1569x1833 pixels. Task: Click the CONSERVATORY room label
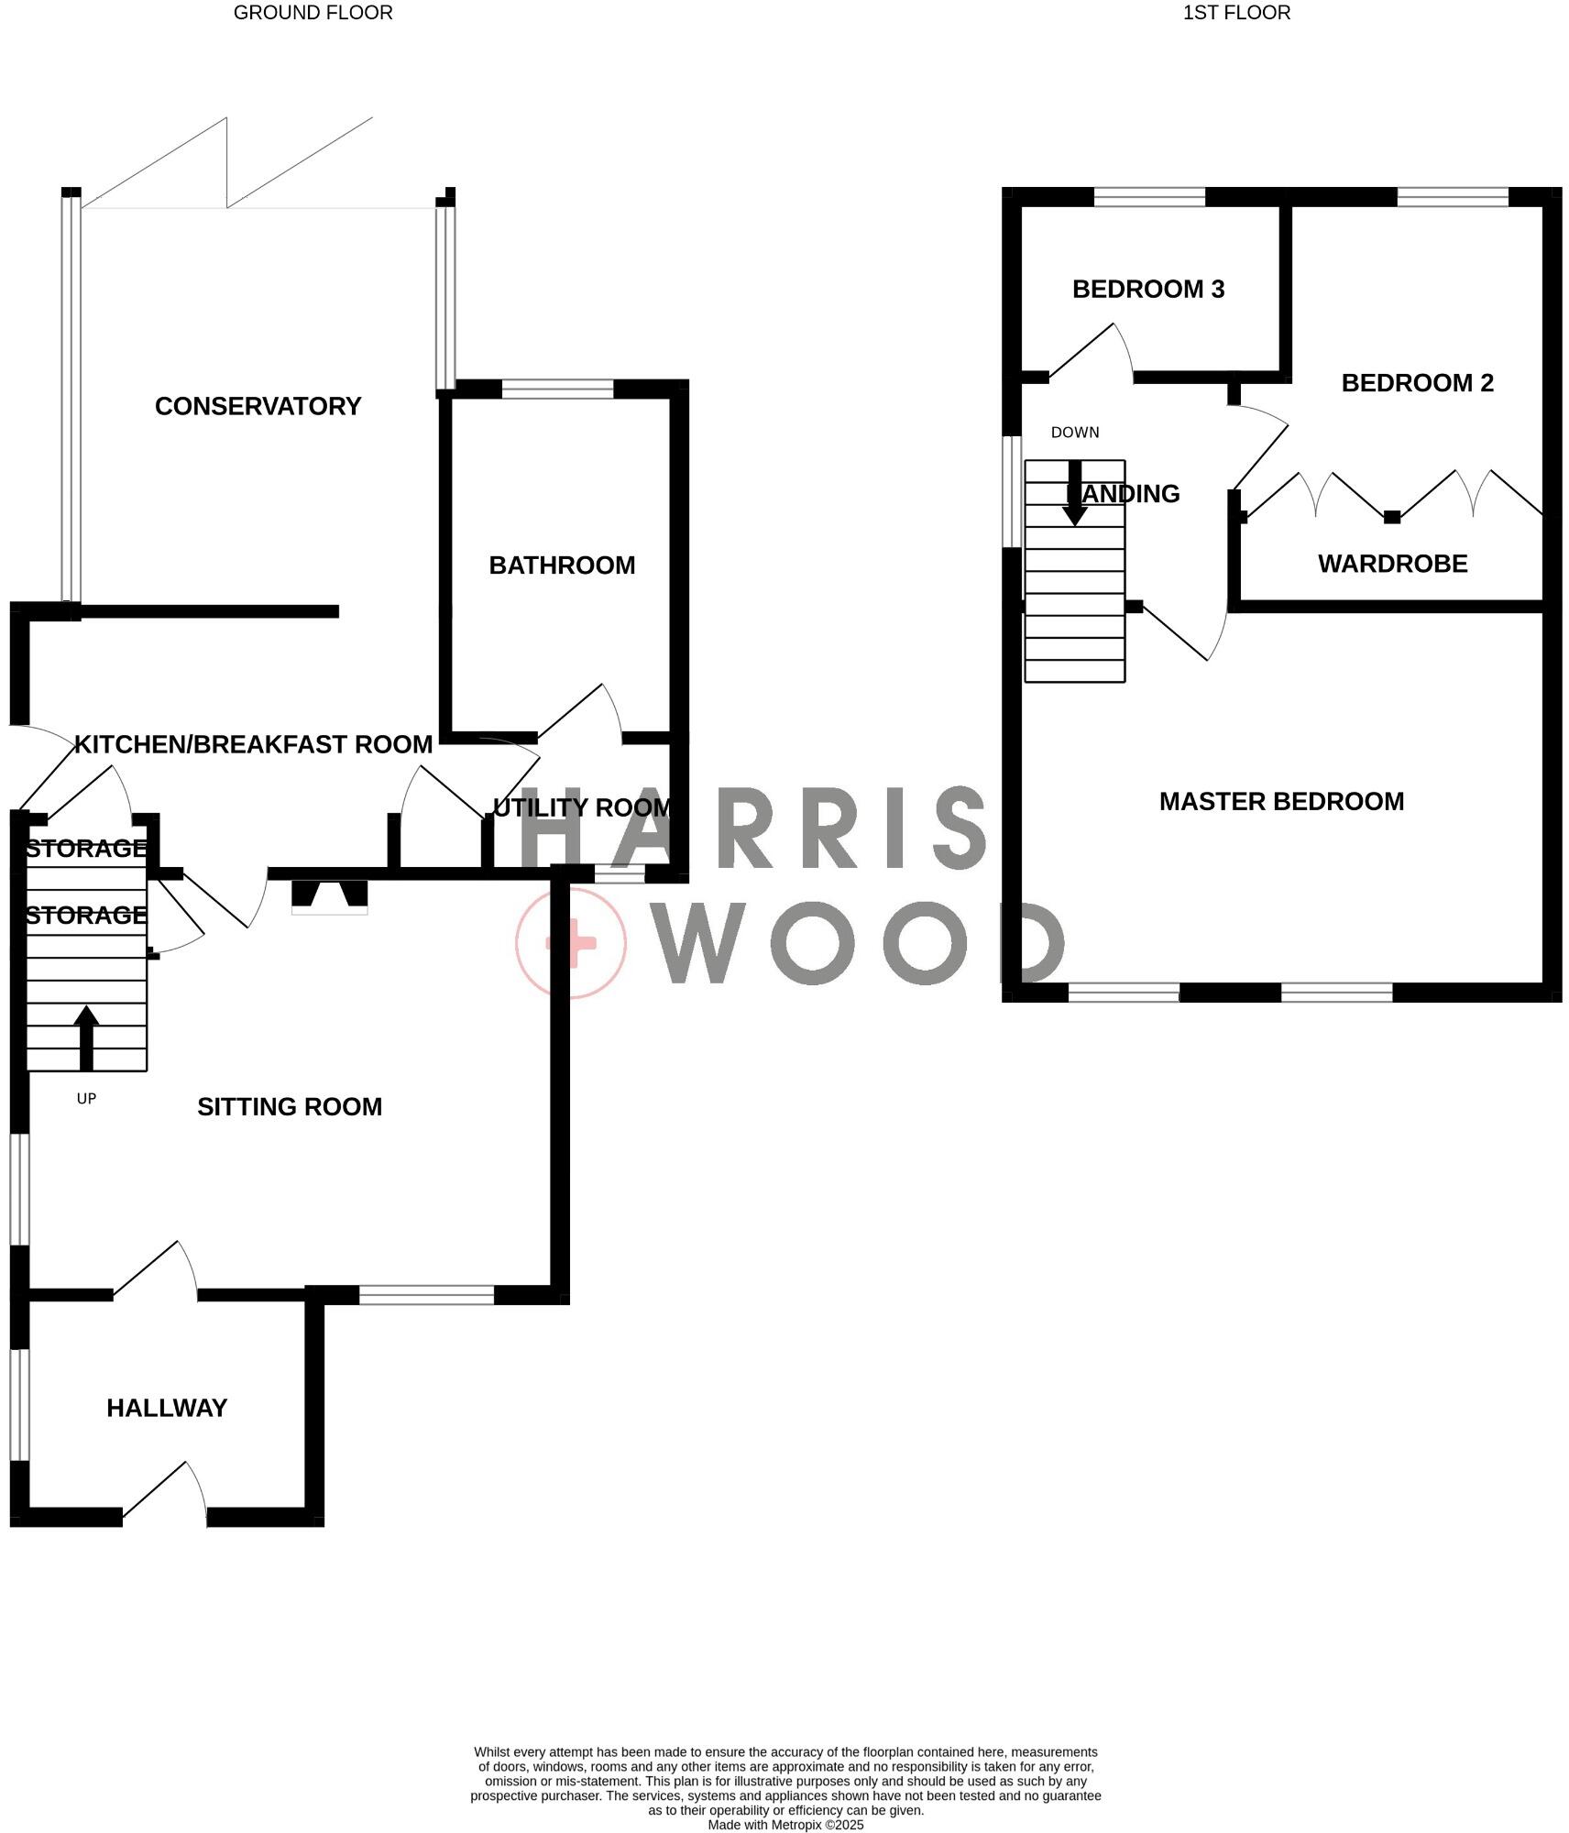click(258, 406)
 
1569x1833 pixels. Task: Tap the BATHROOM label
click(562, 565)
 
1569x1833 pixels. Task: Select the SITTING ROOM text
click(290, 1107)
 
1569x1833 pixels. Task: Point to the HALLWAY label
click(167, 1409)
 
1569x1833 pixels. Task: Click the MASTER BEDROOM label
click(1281, 802)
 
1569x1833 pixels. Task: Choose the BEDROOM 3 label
click(1148, 290)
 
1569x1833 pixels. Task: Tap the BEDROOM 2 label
click(1417, 383)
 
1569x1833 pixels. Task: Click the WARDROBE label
click(1392, 564)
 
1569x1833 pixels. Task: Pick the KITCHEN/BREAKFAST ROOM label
click(253, 744)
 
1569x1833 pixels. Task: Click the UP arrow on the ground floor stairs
click(86, 1037)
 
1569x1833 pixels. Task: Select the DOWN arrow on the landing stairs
click(1074, 493)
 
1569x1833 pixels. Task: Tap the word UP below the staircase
click(86, 1099)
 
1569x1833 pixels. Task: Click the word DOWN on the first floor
click(1075, 433)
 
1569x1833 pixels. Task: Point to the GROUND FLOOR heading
click(313, 13)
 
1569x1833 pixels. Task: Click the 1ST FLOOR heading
click(1236, 13)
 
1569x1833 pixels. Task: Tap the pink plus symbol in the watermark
click(571, 942)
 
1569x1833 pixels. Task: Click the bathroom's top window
click(557, 389)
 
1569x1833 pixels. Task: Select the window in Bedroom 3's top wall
click(1149, 197)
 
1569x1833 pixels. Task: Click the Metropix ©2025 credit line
click(785, 1825)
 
